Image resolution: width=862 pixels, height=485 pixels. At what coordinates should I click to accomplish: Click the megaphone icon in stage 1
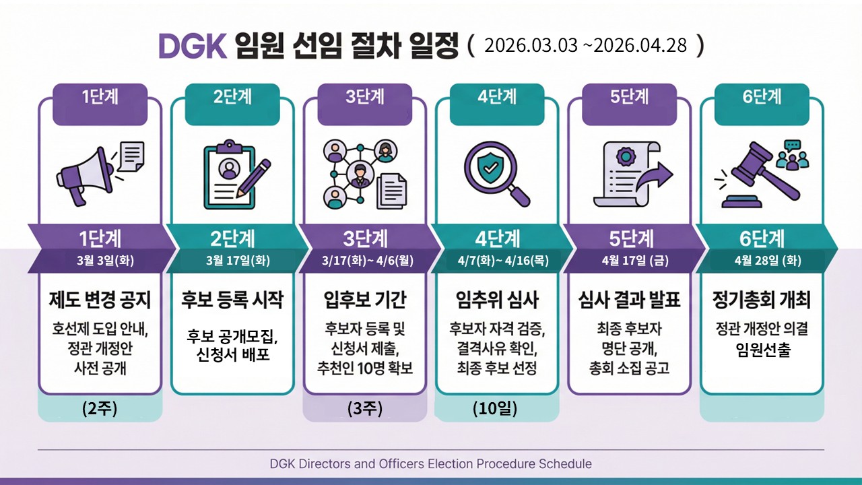tap(86, 177)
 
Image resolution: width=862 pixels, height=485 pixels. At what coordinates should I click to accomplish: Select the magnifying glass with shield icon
tap(496, 174)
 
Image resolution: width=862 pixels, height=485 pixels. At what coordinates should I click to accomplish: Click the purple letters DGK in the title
tap(193, 46)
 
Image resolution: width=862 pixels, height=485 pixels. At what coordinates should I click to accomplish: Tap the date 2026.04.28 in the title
tap(640, 46)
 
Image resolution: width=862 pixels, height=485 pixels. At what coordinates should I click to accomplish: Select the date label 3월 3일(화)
tap(105, 261)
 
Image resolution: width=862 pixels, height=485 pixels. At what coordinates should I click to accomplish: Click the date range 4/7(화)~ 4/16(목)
tap(503, 261)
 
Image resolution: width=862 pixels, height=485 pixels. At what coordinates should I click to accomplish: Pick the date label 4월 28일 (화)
tap(768, 261)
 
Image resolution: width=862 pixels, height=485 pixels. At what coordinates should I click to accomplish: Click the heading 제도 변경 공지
tap(100, 300)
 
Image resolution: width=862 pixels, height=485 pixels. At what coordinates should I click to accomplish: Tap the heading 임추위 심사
tap(497, 300)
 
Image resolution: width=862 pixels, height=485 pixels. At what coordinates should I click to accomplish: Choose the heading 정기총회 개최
tap(762, 300)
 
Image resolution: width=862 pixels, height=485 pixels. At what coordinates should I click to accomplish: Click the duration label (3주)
tap(365, 408)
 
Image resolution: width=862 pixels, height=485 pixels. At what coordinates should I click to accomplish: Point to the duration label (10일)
tap(495, 408)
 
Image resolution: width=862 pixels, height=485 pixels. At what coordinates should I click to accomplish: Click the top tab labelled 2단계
tap(232, 96)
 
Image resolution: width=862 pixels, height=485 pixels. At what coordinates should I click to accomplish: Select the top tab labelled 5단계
tap(629, 96)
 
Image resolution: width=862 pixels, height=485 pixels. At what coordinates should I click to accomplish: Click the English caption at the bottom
tap(430, 463)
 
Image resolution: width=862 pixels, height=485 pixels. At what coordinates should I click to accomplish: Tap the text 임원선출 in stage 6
tap(763, 350)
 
